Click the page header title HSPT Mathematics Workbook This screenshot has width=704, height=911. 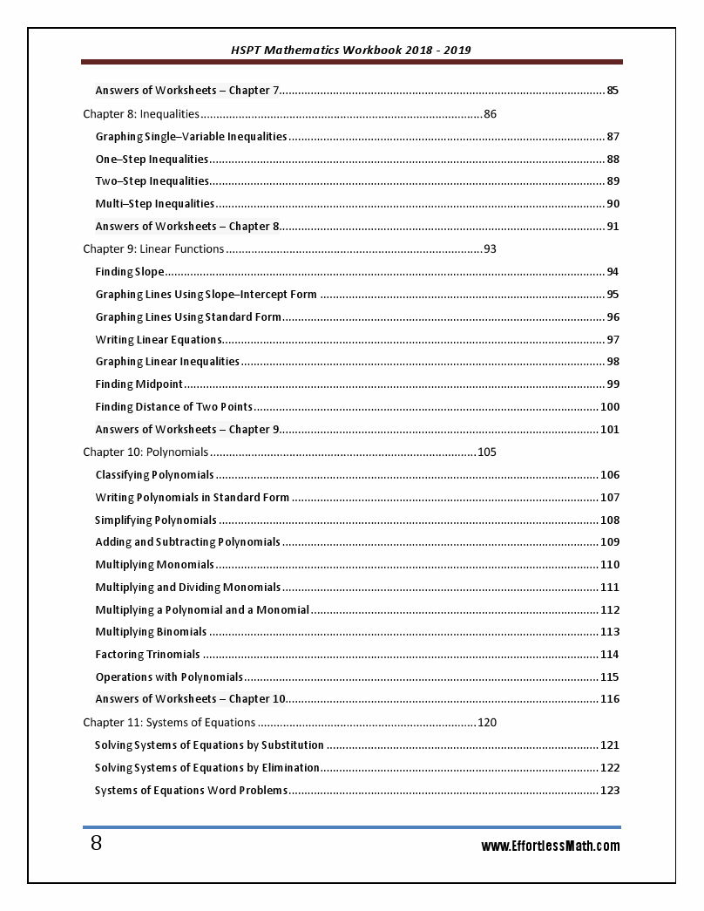point(352,50)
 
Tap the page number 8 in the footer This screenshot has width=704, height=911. point(96,843)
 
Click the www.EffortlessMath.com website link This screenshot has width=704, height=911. point(551,846)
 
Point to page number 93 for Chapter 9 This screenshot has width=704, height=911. point(490,249)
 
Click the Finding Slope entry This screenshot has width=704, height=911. point(130,272)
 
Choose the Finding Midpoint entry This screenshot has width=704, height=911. point(139,384)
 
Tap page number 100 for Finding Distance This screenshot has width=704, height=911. point(610,407)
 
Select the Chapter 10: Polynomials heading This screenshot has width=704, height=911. point(146,452)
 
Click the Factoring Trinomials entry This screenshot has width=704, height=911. point(147,655)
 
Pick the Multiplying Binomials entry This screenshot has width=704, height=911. point(151,632)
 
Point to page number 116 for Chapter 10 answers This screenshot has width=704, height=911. point(610,699)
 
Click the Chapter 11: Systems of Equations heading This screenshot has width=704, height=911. point(169,723)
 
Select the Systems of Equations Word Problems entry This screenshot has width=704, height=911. point(191,791)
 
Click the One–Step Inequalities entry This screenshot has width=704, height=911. point(152,160)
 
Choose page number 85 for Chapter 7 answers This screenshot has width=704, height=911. point(613,91)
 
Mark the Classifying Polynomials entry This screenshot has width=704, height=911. point(154,475)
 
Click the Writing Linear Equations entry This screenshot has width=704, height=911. point(159,340)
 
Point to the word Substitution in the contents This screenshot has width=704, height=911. point(293,745)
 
